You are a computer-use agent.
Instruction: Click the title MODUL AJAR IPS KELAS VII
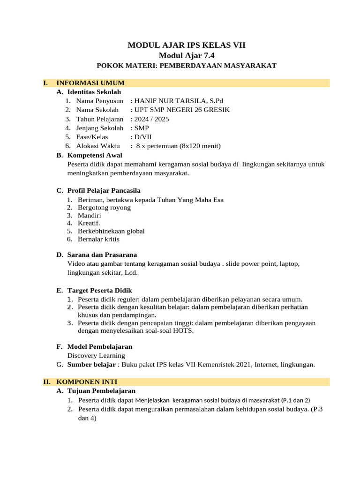(187, 45)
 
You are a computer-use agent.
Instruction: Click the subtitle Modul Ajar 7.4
(187, 55)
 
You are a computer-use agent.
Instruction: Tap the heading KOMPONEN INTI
(87, 382)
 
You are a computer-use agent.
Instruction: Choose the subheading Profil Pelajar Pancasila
(104, 190)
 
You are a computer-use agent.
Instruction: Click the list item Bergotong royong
(104, 207)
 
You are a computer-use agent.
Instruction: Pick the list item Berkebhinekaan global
(111, 231)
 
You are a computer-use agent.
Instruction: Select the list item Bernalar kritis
(98, 239)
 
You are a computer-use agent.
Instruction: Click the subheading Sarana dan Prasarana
(102, 255)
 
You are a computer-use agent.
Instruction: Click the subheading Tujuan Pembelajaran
(101, 390)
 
